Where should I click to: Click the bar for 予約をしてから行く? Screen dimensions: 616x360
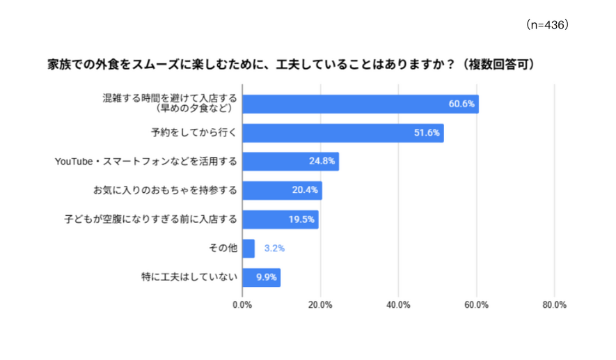343,133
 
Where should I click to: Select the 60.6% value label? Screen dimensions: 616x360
461,104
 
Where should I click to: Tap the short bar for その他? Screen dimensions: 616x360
248,249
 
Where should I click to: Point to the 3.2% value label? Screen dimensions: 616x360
274,249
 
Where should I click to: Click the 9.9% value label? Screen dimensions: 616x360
267,277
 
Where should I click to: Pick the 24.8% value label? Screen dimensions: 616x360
322,161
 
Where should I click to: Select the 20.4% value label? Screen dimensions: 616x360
305,190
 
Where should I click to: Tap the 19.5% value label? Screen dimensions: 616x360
301,219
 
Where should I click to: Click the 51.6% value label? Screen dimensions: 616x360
427,133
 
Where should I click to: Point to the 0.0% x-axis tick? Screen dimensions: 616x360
242,305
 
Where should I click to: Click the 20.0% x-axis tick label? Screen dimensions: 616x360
320,305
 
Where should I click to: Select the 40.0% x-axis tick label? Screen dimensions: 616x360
398,305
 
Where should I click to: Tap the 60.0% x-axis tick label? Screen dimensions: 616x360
477,305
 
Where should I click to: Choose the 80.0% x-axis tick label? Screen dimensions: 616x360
554,305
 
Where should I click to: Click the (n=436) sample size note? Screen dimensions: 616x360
547,25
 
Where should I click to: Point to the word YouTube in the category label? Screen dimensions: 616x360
74,162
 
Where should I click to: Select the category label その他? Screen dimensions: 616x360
223,248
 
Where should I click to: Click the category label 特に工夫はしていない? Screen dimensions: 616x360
189,277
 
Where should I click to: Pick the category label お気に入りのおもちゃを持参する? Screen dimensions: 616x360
166,190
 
